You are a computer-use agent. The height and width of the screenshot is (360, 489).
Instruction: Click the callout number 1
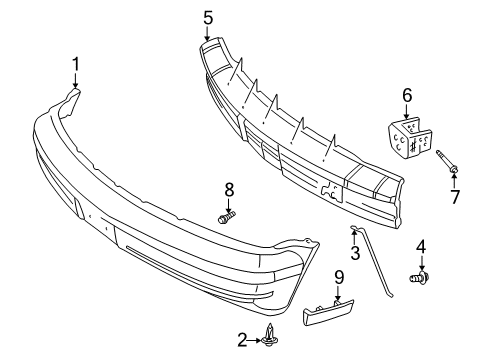(x=75, y=66)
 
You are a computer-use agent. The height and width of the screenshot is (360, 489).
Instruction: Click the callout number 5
(x=208, y=17)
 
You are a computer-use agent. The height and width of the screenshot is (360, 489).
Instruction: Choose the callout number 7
(x=455, y=198)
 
